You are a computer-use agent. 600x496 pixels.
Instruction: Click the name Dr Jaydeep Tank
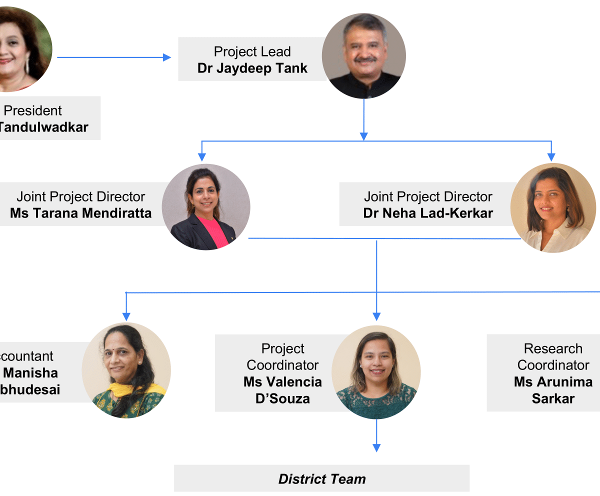pyautogui.click(x=252, y=68)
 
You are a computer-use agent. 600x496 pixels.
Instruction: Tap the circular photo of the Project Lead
pyautogui.click(x=363, y=55)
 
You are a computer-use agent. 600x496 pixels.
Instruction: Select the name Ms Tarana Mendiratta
pyautogui.click(x=80, y=213)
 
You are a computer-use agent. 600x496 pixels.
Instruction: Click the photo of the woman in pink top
pyautogui.click(x=206, y=207)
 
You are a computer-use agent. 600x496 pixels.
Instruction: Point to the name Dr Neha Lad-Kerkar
pyautogui.click(x=428, y=213)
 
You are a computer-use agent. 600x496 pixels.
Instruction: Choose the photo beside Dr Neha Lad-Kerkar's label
pyautogui.click(x=553, y=207)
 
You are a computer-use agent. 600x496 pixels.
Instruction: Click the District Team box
pyautogui.click(x=321, y=478)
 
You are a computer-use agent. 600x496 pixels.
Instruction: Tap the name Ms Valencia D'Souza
pyautogui.click(x=282, y=390)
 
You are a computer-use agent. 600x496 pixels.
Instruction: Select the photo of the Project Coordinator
pyautogui.click(x=376, y=372)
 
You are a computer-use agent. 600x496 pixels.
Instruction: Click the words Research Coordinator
pyautogui.click(x=553, y=356)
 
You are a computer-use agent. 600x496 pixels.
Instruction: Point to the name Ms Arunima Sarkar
pyautogui.click(x=553, y=390)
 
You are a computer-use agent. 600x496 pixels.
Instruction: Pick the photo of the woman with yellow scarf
pyautogui.click(x=126, y=370)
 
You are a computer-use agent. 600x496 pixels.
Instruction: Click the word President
pyautogui.click(x=33, y=110)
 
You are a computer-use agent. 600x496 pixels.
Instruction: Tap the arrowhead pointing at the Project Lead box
pyautogui.click(x=167, y=57)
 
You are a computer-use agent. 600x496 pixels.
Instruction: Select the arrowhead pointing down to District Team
pyautogui.click(x=376, y=447)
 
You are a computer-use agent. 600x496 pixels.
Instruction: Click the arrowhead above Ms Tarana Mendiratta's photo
pyautogui.click(x=202, y=157)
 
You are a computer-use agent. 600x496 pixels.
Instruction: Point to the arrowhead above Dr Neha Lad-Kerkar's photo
pyautogui.click(x=551, y=157)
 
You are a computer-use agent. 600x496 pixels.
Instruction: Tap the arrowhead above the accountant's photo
pyautogui.click(x=126, y=316)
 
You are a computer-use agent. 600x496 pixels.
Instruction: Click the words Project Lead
pyautogui.click(x=252, y=51)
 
